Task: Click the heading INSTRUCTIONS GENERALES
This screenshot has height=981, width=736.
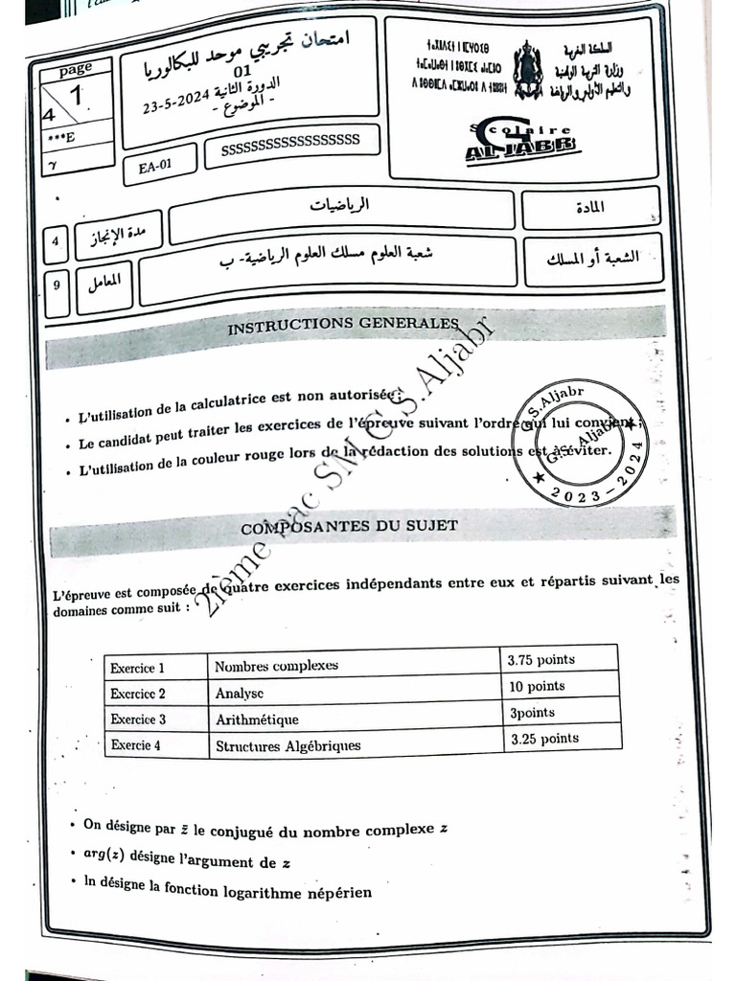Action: coord(342,326)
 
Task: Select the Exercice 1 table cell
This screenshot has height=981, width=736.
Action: coord(137,668)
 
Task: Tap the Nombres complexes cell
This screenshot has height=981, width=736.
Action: coord(276,665)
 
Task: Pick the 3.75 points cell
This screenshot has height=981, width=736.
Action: coord(542,660)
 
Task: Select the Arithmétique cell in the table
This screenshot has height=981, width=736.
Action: coord(257,719)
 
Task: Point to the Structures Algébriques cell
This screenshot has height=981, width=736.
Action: coord(287,744)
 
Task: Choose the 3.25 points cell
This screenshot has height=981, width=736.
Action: coord(544,739)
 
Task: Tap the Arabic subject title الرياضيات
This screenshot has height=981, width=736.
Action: coord(341,205)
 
